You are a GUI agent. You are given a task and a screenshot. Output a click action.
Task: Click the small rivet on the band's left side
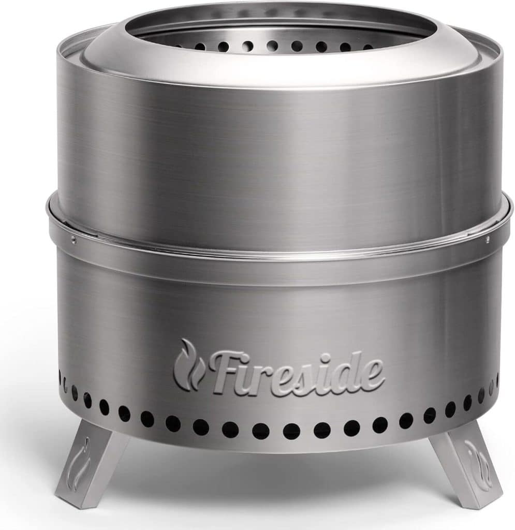73,239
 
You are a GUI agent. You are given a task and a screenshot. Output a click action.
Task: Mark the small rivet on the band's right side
487,239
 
